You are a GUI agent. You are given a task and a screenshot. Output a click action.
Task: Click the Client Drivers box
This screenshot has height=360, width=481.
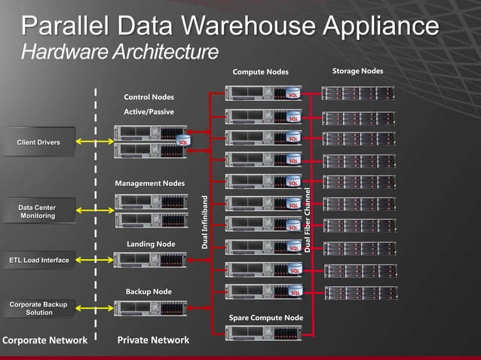pyautogui.click(x=38, y=142)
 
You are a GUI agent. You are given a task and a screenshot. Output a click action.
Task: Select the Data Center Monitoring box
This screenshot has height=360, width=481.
pyautogui.click(x=37, y=212)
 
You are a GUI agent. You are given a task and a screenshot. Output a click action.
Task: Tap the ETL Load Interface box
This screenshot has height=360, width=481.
pyautogui.click(x=38, y=261)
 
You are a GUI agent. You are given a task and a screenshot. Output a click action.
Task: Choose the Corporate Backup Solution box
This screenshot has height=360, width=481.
pyautogui.click(x=38, y=308)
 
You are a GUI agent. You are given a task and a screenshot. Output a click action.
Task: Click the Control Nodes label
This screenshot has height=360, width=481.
pyautogui.click(x=149, y=97)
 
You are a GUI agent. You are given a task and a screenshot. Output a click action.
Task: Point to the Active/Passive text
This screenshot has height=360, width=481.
pyautogui.click(x=149, y=111)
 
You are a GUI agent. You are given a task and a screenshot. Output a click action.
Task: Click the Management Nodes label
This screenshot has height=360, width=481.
pyautogui.click(x=149, y=184)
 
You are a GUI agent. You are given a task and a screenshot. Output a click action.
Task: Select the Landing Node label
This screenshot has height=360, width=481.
pyautogui.click(x=151, y=244)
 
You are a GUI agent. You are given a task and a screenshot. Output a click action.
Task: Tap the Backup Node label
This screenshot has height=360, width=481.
pyautogui.click(x=149, y=291)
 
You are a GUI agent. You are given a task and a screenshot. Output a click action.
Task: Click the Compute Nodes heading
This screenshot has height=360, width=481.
pyautogui.click(x=259, y=72)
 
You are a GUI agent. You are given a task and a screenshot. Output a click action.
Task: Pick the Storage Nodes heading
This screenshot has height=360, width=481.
pyautogui.click(x=357, y=72)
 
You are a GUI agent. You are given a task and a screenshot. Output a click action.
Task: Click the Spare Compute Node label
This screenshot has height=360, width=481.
pyautogui.click(x=265, y=318)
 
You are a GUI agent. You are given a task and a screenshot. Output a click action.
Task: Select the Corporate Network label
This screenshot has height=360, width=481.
pyautogui.click(x=44, y=340)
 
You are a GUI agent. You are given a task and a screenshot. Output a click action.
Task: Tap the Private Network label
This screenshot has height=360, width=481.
pyautogui.click(x=153, y=340)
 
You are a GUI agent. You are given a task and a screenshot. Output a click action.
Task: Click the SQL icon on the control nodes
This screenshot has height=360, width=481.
pyautogui.click(x=182, y=141)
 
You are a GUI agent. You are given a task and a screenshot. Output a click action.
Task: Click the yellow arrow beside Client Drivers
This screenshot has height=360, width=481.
pyautogui.click(x=94, y=142)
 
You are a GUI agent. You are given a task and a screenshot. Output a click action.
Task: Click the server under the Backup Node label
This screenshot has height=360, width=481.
pyautogui.click(x=149, y=307)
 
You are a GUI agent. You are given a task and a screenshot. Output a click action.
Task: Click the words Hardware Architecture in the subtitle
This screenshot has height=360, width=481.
pyautogui.click(x=120, y=52)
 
